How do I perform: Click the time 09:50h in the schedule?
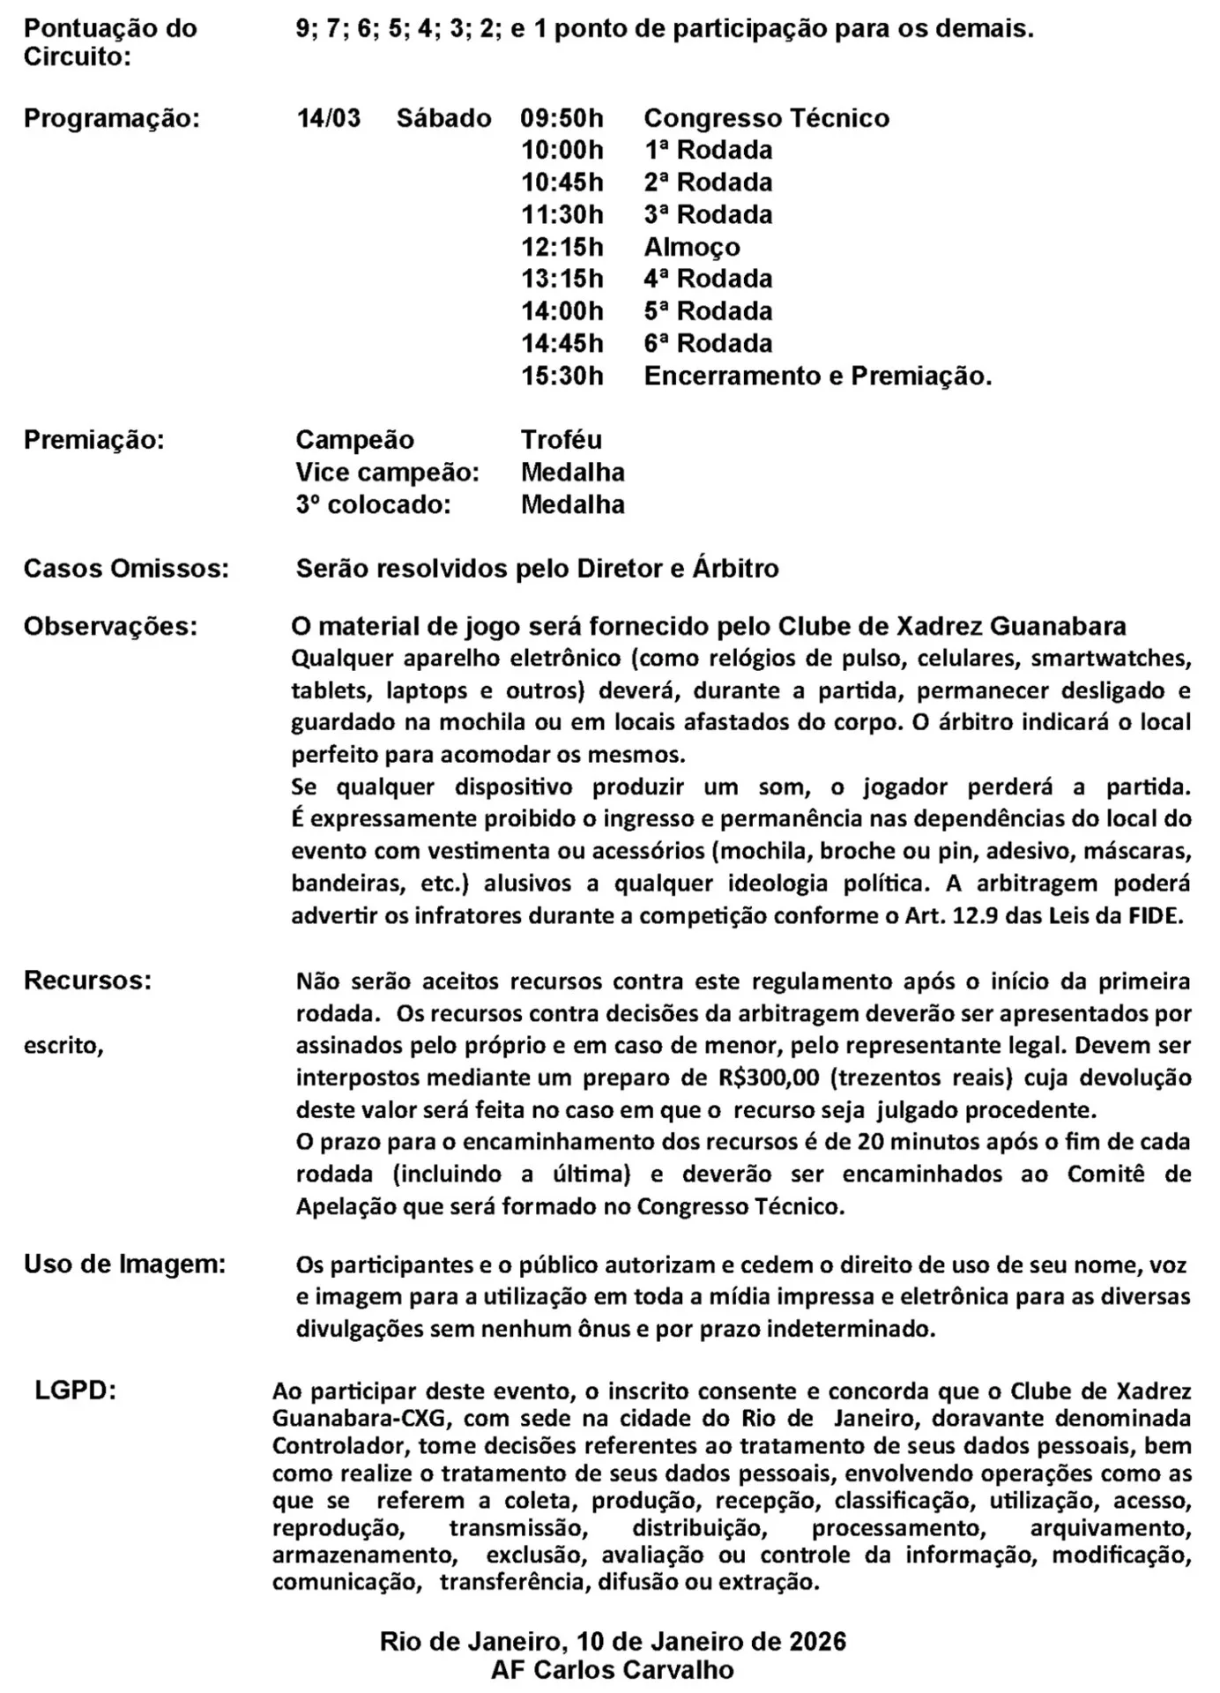(x=562, y=118)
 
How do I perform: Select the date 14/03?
(x=328, y=118)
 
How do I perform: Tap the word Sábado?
(x=443, y=118)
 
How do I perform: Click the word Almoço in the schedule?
(x=691, y=247)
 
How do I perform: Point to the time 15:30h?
(x=562, y=377)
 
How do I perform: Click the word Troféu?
(x=561, y=440)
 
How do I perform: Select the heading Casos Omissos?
(x=126, y=569)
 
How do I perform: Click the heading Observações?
(x=110, y=627)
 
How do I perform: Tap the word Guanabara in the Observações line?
(x=1058, y=627)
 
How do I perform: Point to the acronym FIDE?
(x=1155, y=915)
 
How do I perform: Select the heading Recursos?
(x=87, y=981)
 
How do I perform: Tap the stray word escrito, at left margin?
(x=63, y=1046)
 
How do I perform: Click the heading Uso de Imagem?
(x=124, y=1264)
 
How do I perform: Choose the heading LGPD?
(x=76, y=1391)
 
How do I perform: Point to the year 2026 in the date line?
(x=817, y=1641)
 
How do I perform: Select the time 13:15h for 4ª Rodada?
(x=562, y=279)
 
